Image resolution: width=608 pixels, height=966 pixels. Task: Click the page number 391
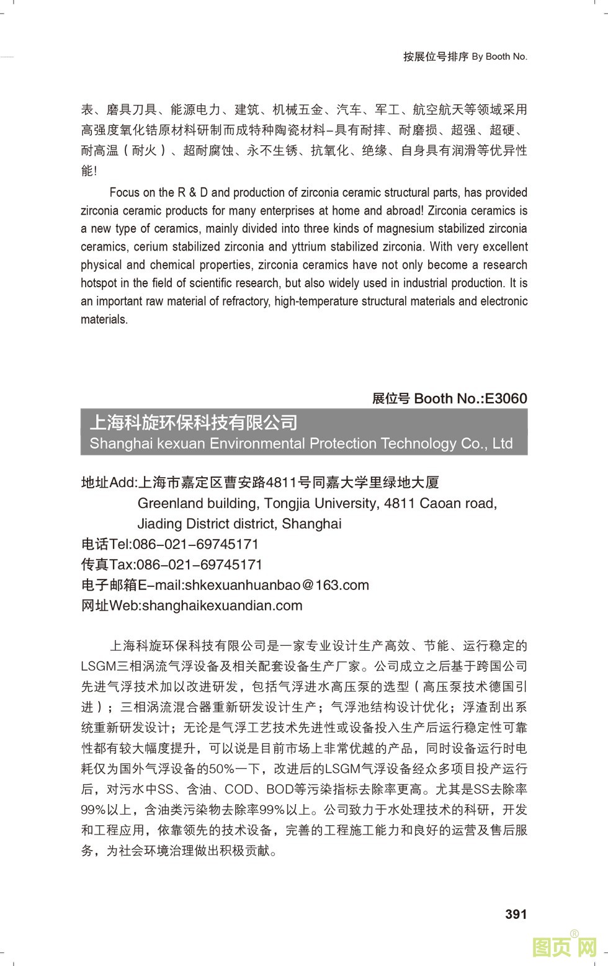(516, 914)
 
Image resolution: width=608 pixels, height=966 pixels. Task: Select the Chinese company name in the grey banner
(194, 423)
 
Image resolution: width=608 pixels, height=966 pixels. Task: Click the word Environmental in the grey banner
(257, 444)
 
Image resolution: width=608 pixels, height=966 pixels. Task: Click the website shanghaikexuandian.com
(222, 606)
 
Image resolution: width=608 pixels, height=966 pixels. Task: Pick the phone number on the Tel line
(196, 544)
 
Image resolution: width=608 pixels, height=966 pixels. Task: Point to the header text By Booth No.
(499, 56)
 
